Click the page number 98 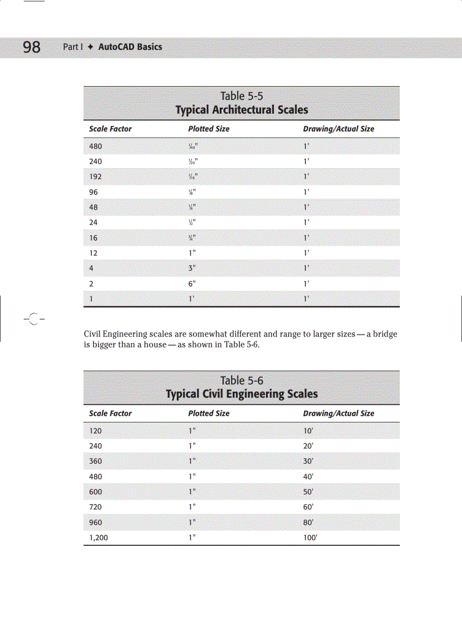32,47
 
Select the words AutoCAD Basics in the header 130,47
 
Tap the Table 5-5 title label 242,96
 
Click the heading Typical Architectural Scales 242,110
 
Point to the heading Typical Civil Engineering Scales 242,394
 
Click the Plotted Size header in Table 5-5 208,129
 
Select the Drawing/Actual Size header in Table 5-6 339,413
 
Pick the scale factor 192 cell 96,177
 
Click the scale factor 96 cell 93,192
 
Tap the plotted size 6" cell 192,284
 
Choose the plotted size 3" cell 192,268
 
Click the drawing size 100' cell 310,538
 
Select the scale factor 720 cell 96,507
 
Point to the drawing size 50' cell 309,492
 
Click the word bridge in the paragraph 385,334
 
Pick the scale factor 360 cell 96,462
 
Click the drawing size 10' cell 309,431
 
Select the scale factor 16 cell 93,238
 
